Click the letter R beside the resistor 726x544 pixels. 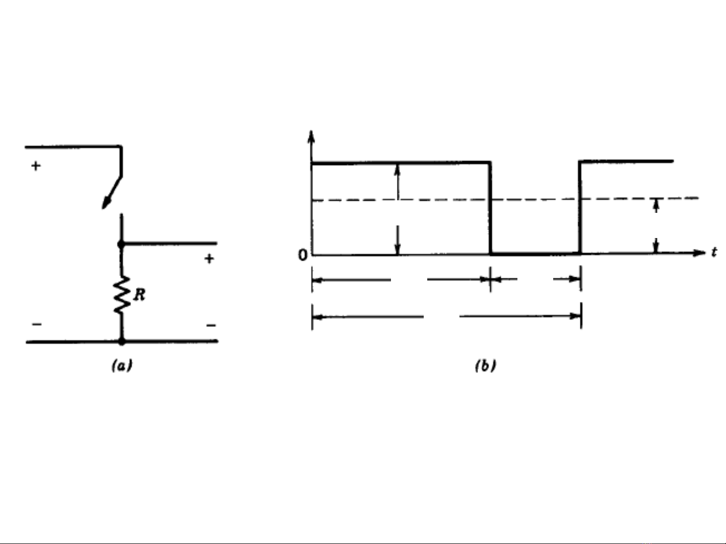(140, 295)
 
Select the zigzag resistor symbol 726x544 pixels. (122, 295)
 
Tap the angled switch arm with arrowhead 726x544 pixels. (112, 193)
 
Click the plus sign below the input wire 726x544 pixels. (36, 166)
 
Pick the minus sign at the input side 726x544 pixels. (37, 324)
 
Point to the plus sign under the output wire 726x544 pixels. (209, 258)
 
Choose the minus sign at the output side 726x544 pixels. (211, 325)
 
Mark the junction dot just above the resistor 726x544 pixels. (121, 245)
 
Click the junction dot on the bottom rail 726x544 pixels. (122, 341)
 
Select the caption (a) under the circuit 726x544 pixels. (122, 366)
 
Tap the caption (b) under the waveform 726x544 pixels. (486, 366)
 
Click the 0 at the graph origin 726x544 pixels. (303, 255)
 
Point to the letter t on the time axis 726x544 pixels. (714, 252)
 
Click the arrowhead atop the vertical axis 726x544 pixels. (311, 137)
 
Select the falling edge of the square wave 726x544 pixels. (490, 208)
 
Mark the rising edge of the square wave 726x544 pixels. (580, 207)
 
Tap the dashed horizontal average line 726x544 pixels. (505, 199)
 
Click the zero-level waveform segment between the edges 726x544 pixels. (535, 254)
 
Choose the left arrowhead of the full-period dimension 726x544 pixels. (317, 317)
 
